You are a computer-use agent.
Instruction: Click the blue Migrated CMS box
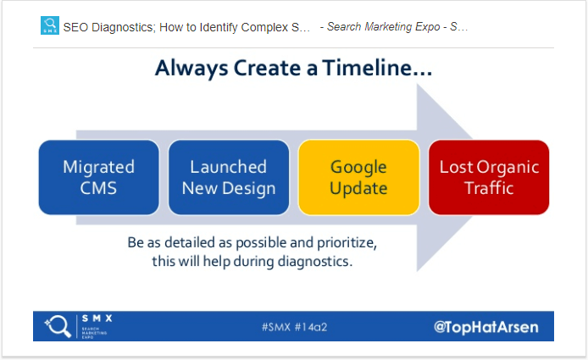tap(98, 177)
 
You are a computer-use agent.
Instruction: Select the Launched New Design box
tap(229, 177)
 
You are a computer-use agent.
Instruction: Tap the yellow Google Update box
tap(359, 177)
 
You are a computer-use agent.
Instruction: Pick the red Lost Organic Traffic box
tap(489, 177)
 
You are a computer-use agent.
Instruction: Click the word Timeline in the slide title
tap(377, 68)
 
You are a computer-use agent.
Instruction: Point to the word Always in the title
tap(191, 69)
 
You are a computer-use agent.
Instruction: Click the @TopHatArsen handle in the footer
tap(486, 327)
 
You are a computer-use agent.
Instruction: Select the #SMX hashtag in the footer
tap(276, 327)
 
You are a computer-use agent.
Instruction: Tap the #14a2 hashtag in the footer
tap(311, 327)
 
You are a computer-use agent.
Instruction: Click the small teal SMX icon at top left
tap(50, 25)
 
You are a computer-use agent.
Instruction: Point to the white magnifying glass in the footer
tap(58, 326)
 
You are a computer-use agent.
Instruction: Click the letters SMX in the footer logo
tap(97, 318)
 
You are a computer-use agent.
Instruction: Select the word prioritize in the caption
tap(347, 243)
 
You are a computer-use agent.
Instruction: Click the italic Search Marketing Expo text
tap(383, 26)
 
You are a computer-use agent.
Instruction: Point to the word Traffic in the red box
tap(489, 187)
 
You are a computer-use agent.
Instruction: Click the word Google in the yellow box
tap(358, 167)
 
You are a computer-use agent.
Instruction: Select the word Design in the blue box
tap(249, 188)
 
